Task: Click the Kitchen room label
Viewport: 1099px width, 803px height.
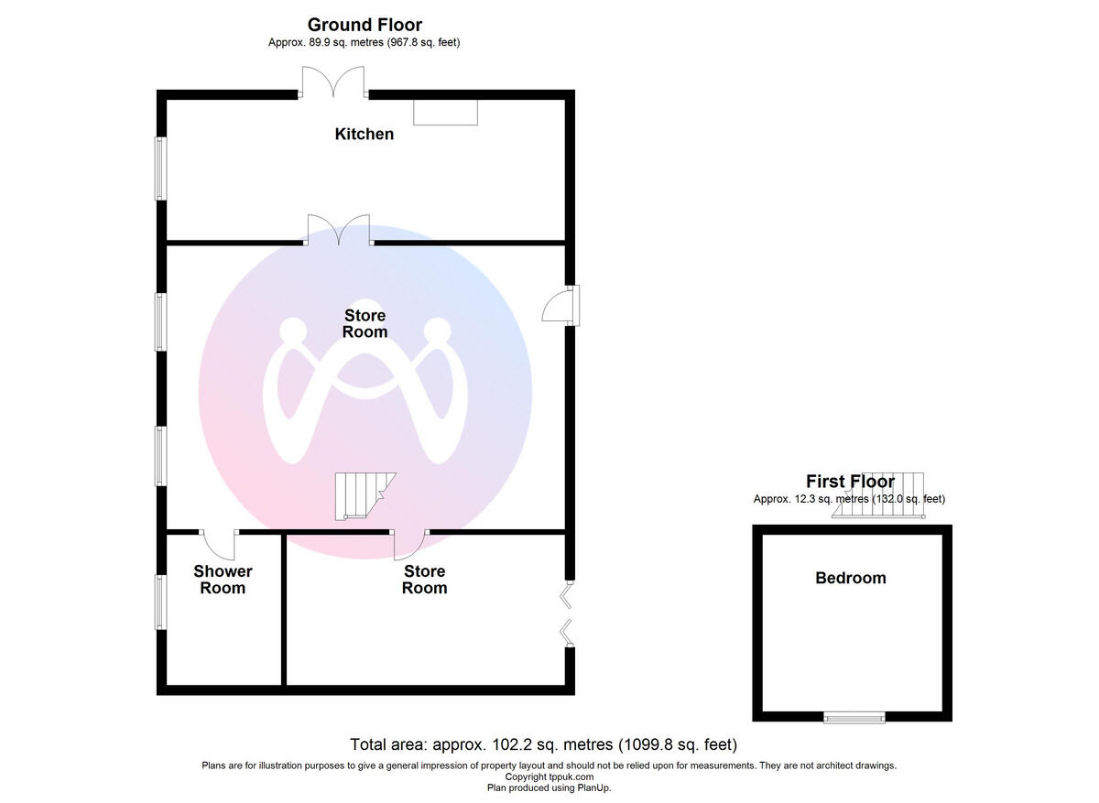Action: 365,135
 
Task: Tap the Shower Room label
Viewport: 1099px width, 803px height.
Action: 223,580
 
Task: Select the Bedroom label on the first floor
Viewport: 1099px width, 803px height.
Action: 851,579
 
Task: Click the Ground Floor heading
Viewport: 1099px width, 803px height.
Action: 365,25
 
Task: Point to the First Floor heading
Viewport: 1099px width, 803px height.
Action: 850,482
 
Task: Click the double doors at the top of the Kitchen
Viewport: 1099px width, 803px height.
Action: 334,84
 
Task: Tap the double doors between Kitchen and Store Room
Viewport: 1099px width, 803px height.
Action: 339,232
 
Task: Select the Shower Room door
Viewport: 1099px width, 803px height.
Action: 220,544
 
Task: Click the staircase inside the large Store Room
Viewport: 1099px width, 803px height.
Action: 363,495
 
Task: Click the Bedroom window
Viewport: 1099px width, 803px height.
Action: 854,718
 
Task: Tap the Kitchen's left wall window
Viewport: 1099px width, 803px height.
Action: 160,168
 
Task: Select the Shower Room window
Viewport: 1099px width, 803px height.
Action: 160,601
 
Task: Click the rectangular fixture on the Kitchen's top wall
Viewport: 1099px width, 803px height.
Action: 445,112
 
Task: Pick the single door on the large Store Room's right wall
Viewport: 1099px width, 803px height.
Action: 560,305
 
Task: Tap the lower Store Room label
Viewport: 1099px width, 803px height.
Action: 425,580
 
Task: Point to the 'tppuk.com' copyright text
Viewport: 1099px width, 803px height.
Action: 549,776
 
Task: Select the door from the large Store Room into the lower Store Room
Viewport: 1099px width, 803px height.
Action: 408,546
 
